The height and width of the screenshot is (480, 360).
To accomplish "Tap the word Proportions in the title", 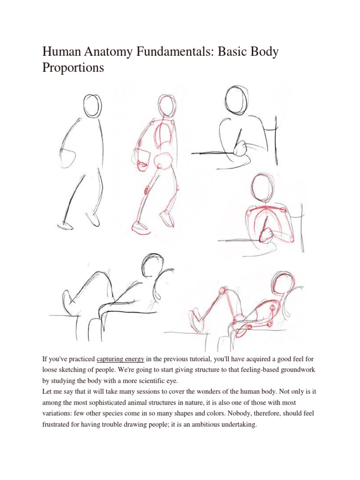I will pyautogui.click(x=73, y=68).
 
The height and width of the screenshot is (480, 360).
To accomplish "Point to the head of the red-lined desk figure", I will pyautogui.click(x=261, y=188).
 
